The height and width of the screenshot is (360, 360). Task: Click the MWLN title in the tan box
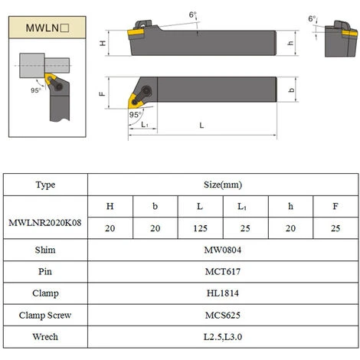pyautogui.click(x=47, y=28)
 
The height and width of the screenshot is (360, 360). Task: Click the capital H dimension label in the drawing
pyautogui.click(x=103, y=44)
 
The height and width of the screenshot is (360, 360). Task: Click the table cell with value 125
pyautogui.click(x=201, y=227)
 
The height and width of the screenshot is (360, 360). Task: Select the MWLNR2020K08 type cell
pyautogui.click(x=47, y=218)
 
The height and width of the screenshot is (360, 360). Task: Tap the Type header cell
pyautogui.click(x=47, y=185)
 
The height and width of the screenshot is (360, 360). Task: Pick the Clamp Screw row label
pyautogui.click(x=47, y=315)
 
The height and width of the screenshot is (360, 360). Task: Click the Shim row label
pyautogui.click(x=47, y=250)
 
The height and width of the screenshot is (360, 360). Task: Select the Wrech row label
pyautogui.click(x=47, y=336)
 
